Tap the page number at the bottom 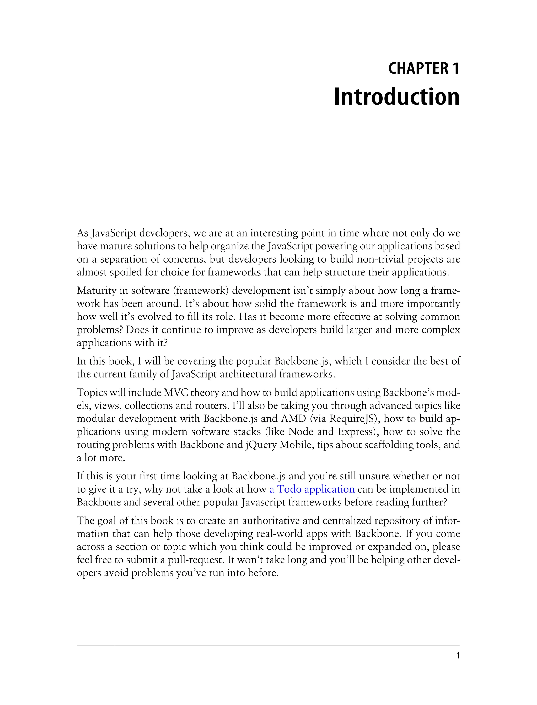[458, 656]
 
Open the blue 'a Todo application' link [312, 489]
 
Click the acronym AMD [293, 419]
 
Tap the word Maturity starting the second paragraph [98, 291]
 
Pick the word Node [301, 432]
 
